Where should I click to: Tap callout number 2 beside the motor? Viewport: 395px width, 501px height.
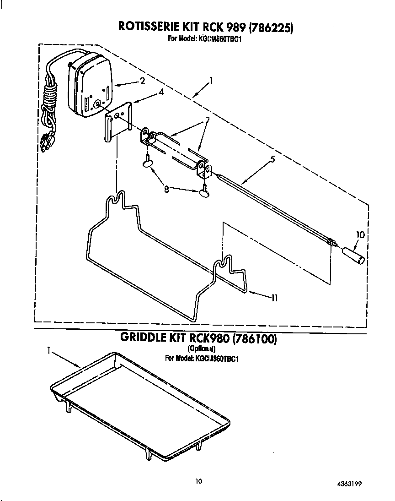click(142, 82)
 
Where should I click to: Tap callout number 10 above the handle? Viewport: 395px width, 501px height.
click(360, 235)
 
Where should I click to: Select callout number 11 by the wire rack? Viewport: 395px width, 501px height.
click(274, 298)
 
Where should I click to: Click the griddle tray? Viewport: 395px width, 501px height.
click(137, 403)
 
